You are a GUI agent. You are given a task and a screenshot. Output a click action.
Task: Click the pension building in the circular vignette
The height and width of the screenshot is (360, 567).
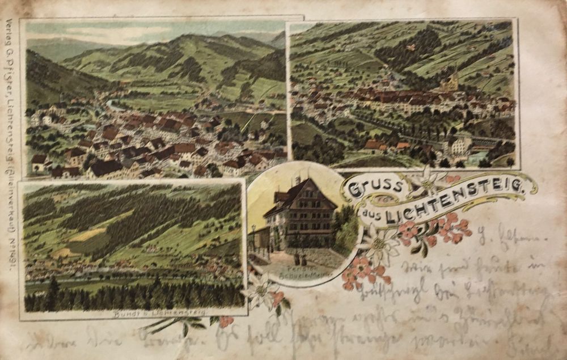(x=301, y=213)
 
